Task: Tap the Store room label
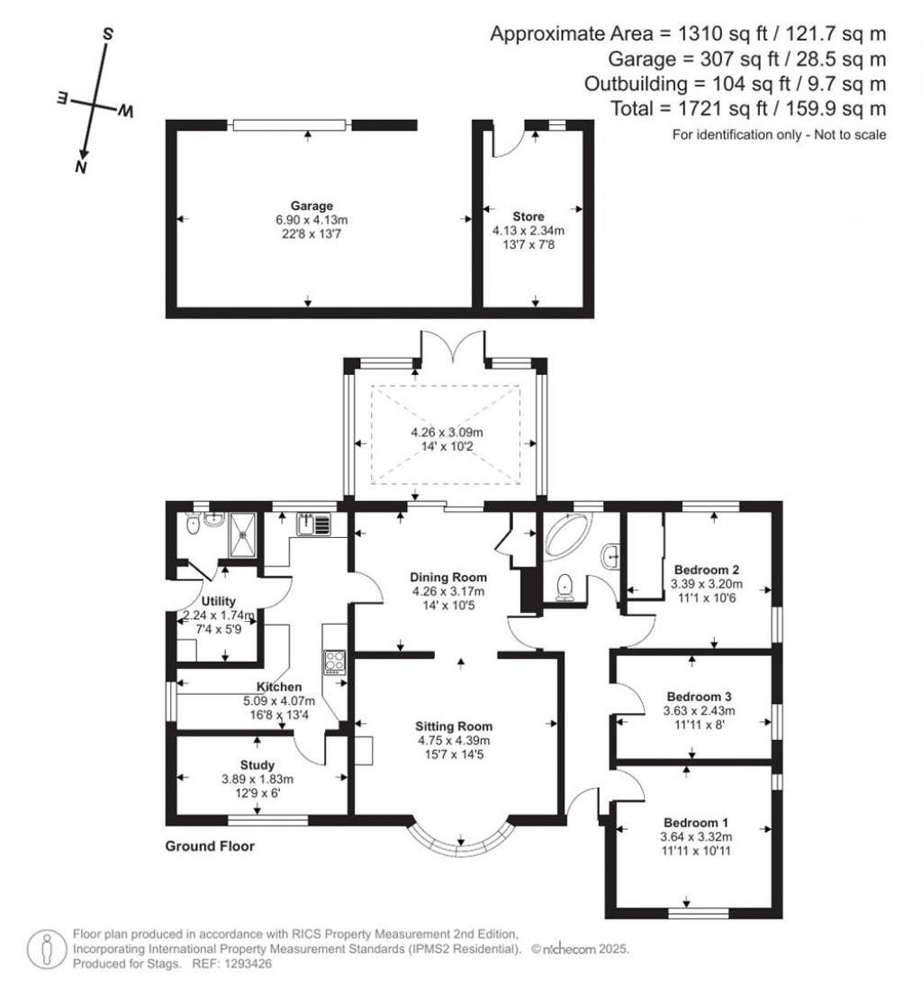point(528,216)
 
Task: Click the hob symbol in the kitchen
point(335,662)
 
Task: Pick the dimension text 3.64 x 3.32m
point(696,837)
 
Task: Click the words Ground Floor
point(210,846)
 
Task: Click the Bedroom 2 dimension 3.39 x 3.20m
point(706,584)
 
